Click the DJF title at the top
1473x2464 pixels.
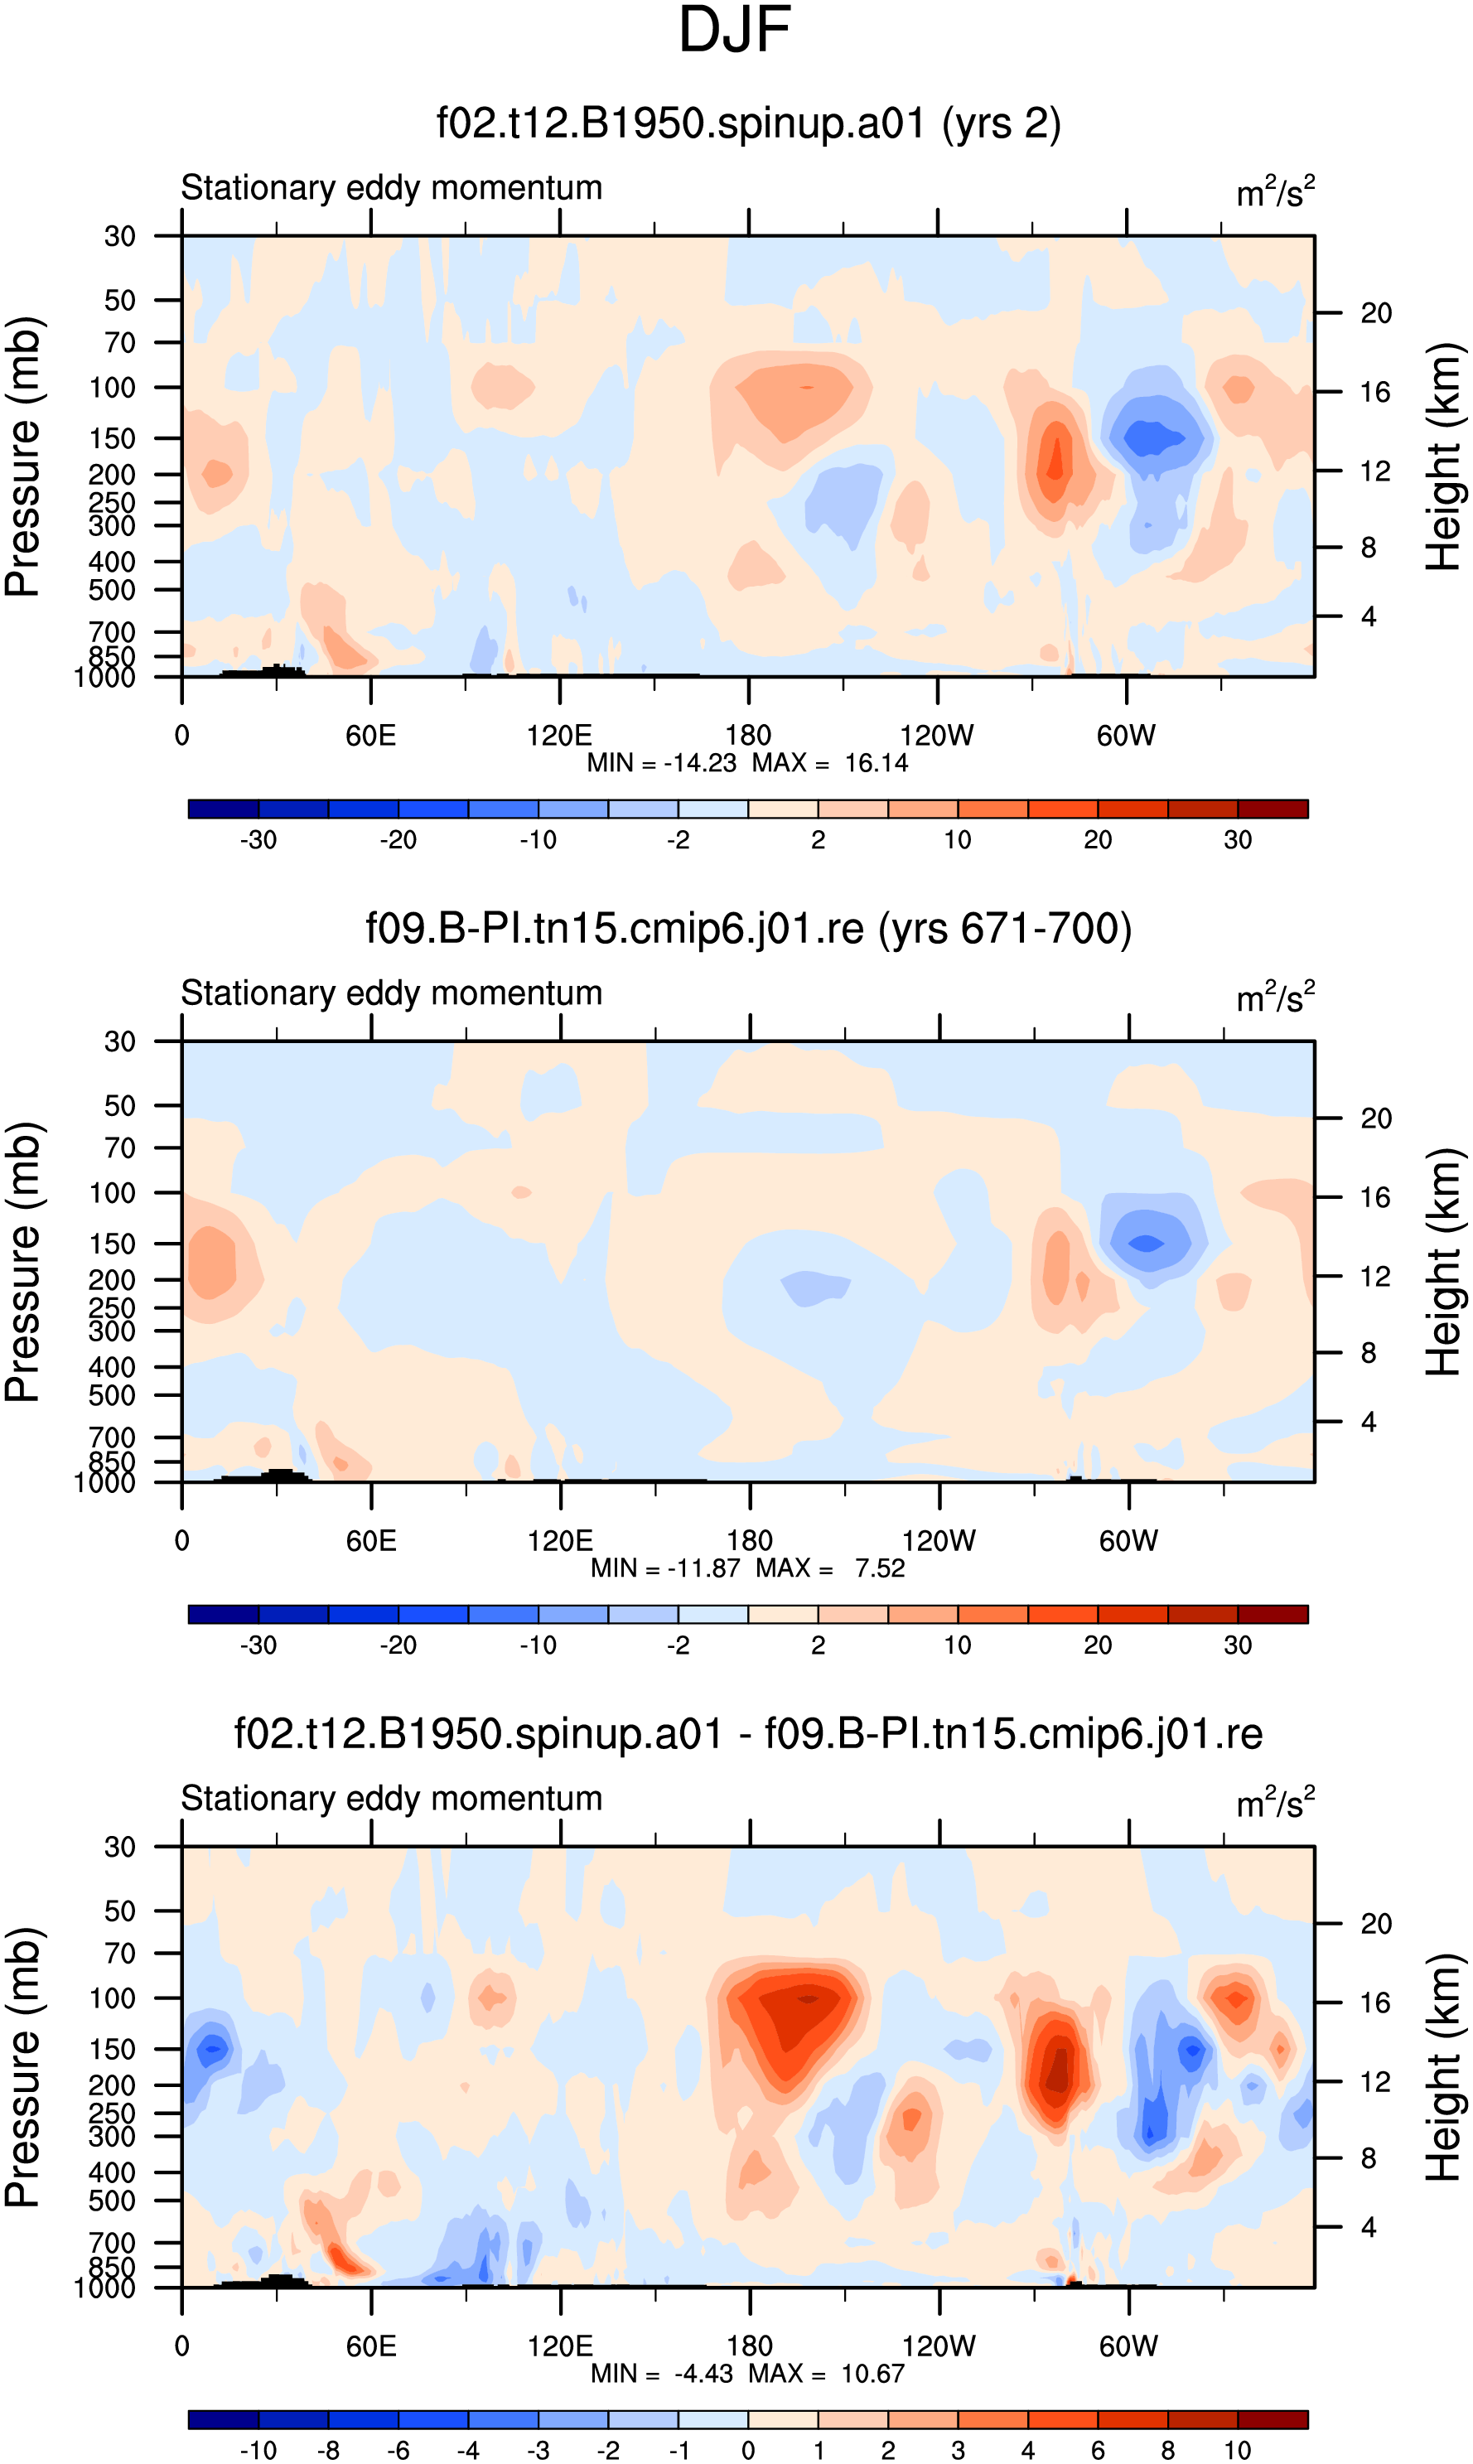735,31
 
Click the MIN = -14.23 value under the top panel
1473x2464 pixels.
662,763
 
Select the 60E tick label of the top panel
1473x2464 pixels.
370,736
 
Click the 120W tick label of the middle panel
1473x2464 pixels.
938,1541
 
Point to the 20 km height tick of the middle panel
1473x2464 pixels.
1376,1119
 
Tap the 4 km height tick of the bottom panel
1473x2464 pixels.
1369,2228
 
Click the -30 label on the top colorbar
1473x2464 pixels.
258,840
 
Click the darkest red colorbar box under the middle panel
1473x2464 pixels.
1273,1615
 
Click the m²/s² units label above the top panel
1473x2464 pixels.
1276,191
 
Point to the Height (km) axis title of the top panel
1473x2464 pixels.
1444,457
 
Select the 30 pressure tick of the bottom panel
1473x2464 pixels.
120,1848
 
